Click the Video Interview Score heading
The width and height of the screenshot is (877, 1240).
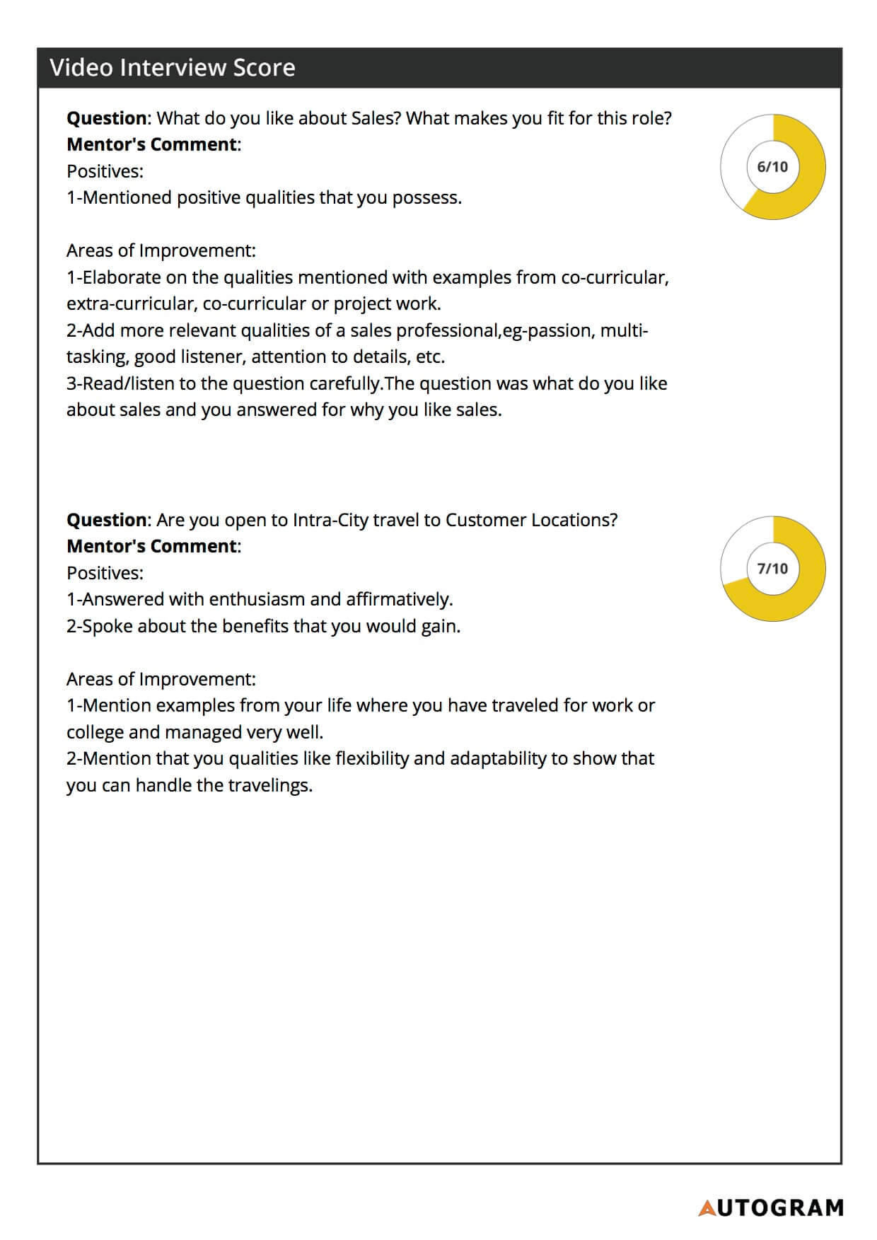click(x=173, y=68)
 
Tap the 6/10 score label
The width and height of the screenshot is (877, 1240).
click(x=772, y=167)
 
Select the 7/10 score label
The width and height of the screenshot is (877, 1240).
click(x=772, y=569)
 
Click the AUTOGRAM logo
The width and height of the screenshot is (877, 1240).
click(x=771, y=1207)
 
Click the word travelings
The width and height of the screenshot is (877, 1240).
click(x=269, y=786)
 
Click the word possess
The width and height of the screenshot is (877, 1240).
click(x=426, y=198)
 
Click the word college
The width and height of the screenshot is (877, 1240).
click(x=95, y=733)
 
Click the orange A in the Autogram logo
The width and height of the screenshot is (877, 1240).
click(x=707, y=1208)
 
